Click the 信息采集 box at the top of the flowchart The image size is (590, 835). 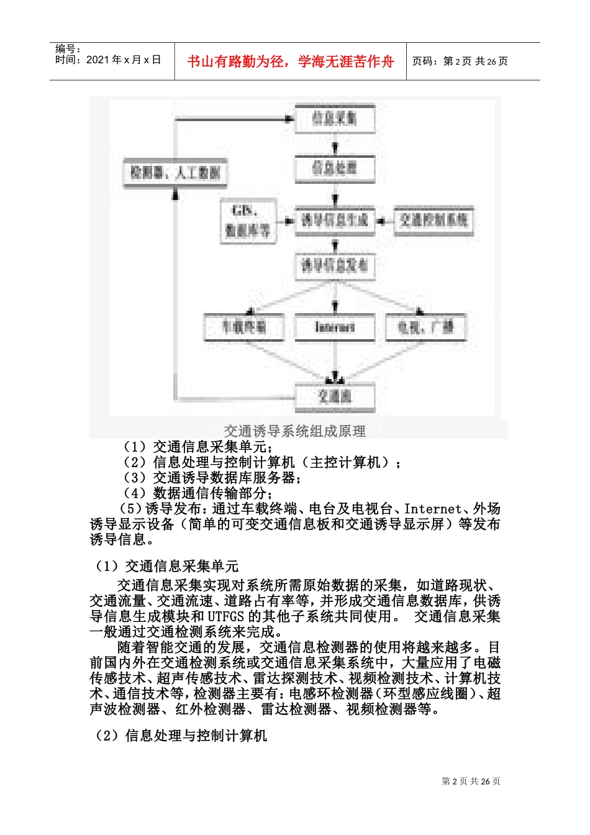pos(334,118)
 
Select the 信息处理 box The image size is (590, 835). pos(334,168)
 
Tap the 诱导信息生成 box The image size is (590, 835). pos(334,220)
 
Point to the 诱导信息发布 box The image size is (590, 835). pos(334,266)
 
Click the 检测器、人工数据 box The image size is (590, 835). pos(176,173)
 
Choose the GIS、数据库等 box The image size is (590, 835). pos(248,222)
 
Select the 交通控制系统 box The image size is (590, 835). pos(433,220)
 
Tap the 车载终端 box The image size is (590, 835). pos(244,327)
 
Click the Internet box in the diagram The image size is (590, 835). pos(335,327)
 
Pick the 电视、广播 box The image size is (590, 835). pos(425,327)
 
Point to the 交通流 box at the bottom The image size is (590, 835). pos(335,396)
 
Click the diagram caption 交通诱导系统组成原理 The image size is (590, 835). pos(294,431)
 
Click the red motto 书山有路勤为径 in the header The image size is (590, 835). pos(290,62)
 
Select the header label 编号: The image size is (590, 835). pos(68,48)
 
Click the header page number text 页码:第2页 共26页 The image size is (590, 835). pos(460,61)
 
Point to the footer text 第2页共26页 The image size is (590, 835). pos(471,781)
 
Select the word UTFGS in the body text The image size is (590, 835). pos(226,616)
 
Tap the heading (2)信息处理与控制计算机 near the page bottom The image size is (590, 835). pos(180,736)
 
